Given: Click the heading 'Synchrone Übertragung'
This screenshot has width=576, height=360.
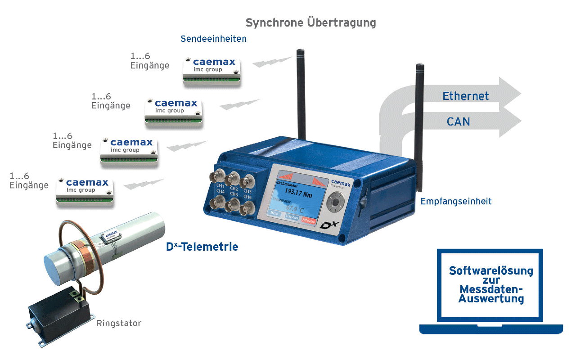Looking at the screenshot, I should pyautogui.click(x=310, y=22).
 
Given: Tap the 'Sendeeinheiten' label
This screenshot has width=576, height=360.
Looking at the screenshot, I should pyautogui.click(x=214, y=39).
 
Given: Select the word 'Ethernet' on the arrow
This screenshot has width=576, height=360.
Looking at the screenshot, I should pyautogui.click(x=465, y=96).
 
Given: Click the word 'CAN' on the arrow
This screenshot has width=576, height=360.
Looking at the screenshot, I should pyautogui.click(x=458, y=121).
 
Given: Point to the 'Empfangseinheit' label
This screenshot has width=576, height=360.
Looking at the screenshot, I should pyautogui.click(x=456, y=202).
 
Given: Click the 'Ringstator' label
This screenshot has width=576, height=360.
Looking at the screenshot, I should pyautogui.click(x=118, y=323).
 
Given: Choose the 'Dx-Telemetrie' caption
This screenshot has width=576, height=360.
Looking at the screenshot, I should pyautogui.click(x=202, y=247).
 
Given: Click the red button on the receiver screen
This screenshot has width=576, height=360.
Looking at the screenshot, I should pyautogui.click(x=308, y=220).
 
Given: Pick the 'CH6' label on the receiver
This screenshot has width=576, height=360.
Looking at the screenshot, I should pyautogui.click(x=247, y=197).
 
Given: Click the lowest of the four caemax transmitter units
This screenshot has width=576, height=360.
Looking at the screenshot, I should pyautogui.click(x=85, y=192).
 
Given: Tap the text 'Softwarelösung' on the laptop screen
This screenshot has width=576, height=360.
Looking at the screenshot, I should pyautogui.click(x=491, y=271).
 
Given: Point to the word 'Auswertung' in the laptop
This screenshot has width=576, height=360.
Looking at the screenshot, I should pyautogui.click(x=491, y=298).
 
